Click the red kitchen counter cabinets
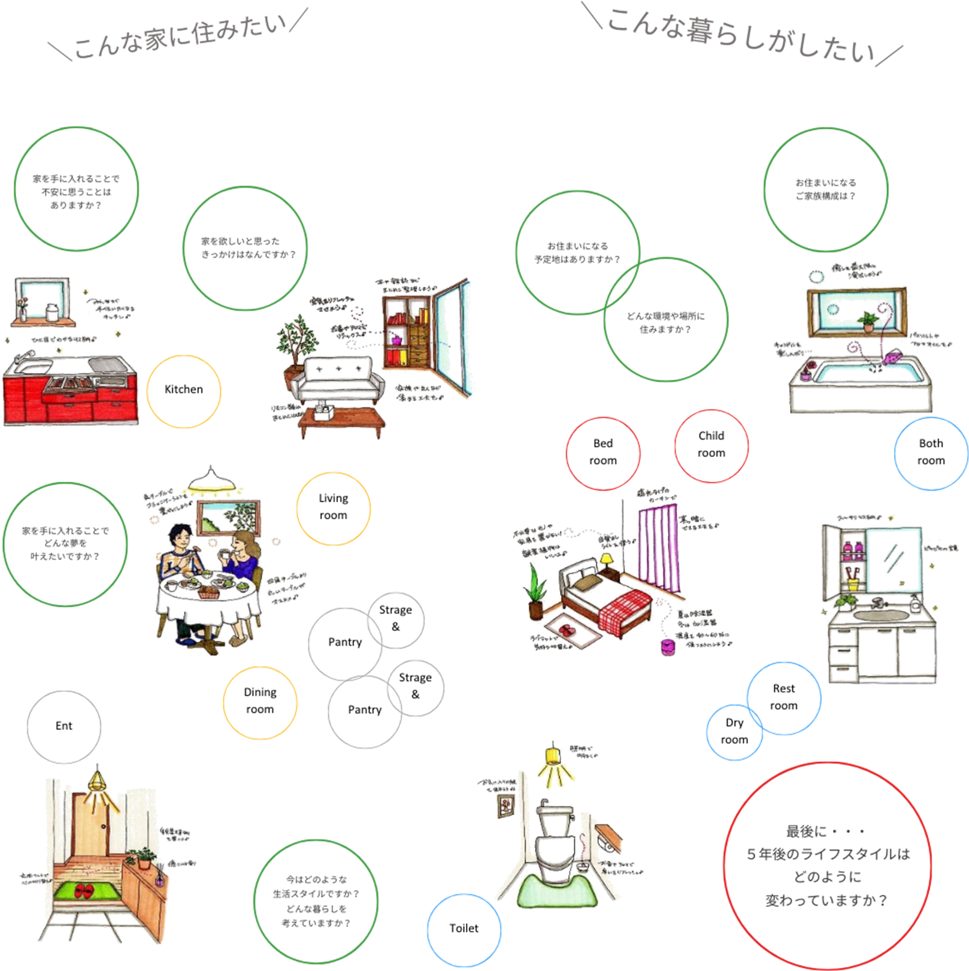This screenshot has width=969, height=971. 69,399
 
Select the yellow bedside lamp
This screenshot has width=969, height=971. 606,561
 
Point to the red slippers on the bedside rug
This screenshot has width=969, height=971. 567,630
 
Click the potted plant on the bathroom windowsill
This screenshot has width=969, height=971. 867,320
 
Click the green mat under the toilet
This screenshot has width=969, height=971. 553,893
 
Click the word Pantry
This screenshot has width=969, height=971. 365,710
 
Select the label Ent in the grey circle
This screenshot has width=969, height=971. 64,726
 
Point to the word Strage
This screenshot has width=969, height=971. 415,678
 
